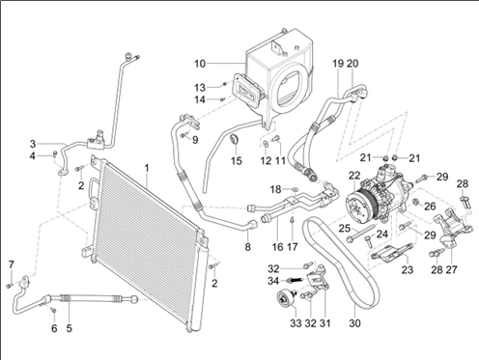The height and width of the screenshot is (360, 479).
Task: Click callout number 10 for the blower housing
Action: [x=200, y=64]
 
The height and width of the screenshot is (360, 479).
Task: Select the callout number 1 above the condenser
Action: [x=147, y=168]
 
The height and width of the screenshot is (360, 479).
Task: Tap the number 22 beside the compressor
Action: [x=354, y=176]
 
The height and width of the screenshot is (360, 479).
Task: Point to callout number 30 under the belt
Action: [x=354, y=323]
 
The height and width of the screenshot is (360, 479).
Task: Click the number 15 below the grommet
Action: [x=237, y=161]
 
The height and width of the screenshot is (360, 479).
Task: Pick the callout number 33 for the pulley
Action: [x=296, y=323]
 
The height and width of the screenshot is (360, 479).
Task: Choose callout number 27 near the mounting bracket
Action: [x=451, y=269]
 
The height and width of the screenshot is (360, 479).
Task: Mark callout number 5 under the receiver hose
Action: [x=70, y=328]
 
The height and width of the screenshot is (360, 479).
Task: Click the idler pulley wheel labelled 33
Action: [x=285, y=298]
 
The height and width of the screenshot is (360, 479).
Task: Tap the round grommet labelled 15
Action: [x=235, y=140]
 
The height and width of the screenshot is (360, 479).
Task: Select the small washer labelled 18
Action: [x=295, y=189]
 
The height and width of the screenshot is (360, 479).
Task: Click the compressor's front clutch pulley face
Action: [x=358, y=206]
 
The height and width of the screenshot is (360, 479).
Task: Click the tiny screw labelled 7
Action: [x=9, y=286]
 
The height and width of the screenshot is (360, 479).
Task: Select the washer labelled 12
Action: [x=266, y=144]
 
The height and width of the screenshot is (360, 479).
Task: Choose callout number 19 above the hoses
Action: [x=338, y=64]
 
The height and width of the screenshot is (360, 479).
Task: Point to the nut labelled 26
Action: [x=415, y=202]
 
